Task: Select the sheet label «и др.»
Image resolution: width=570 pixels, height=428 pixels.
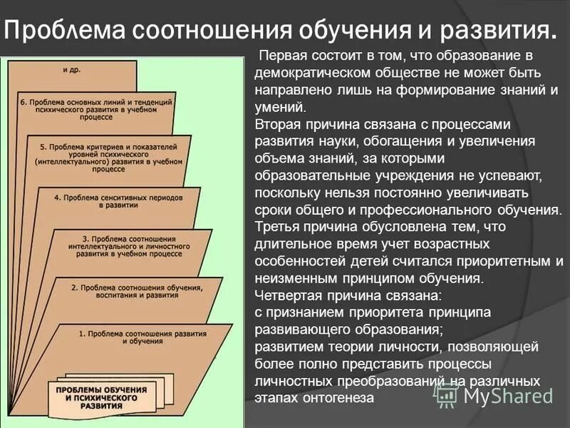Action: click(x=71, y=70)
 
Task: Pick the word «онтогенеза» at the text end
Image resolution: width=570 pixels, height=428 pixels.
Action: click(x=341, y=397)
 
